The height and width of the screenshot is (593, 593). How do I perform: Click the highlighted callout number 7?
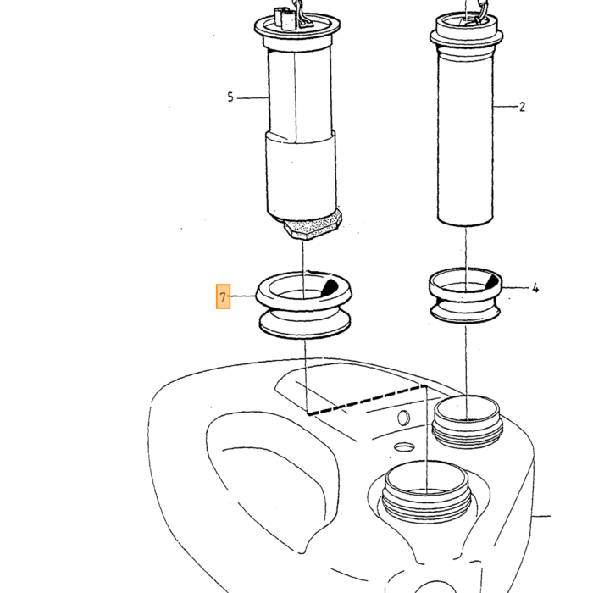pyautogui.click(x=223, y=296)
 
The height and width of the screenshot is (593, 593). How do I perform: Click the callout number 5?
pyautogui.click(x=230, y=97)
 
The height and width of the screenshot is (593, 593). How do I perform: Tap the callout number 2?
pyautogui.click(x=523, y=107)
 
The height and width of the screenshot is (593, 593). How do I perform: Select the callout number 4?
pyautogui.click(x=535, y=288)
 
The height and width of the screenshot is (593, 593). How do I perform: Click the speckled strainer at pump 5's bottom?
pyautogui.click(x=313, y=225)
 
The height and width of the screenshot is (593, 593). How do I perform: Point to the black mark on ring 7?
pyautogui.click(x=330, y=287)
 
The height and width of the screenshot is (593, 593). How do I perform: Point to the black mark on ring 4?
pyautogui.click(x=491, y=282)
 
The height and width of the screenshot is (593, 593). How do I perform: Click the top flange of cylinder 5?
pyautogui.click(x=296, y=27)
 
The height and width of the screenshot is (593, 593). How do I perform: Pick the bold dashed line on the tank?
pyautogui.click(x=367, y=400)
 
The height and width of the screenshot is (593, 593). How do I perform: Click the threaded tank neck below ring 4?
pyautogui.click(x=467, y=422)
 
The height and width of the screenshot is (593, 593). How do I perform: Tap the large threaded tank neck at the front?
pyautogui.click(x=426, y=491)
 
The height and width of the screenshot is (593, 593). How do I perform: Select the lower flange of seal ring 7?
pyautogui.click(x=305, y=325)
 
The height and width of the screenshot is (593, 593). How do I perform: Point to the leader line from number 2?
pyautogui.click(x=506, y=107)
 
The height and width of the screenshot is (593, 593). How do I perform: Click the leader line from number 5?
pyautogui.click(x=252, y=98)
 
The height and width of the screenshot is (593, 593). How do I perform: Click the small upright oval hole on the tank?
pyautogui.click(x=403, y=418)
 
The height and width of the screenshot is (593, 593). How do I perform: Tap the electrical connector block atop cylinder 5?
pyautogui.click(x=285, y=19)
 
